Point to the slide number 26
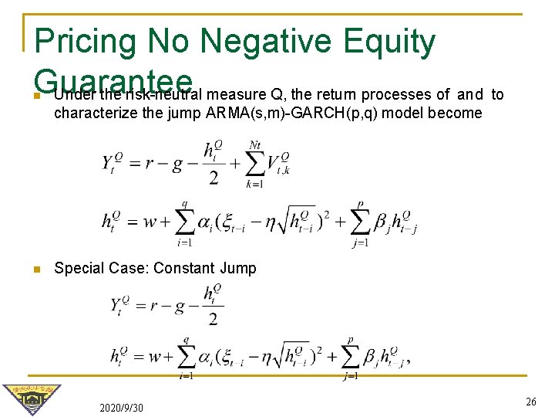pyautogui.click(x=530, y=402)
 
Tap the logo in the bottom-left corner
pyautogui.click(x=31, y=398)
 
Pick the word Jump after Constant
pyautogui.click(x=237, y=268)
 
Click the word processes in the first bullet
pyautogui.click(x=396, y=95)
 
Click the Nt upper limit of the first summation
pyautogui.click(x=255, y=144)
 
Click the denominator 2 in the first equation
pyautogui.click(x=214, y=178)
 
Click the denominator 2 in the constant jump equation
pyautogui.click(x=213, y=319)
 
